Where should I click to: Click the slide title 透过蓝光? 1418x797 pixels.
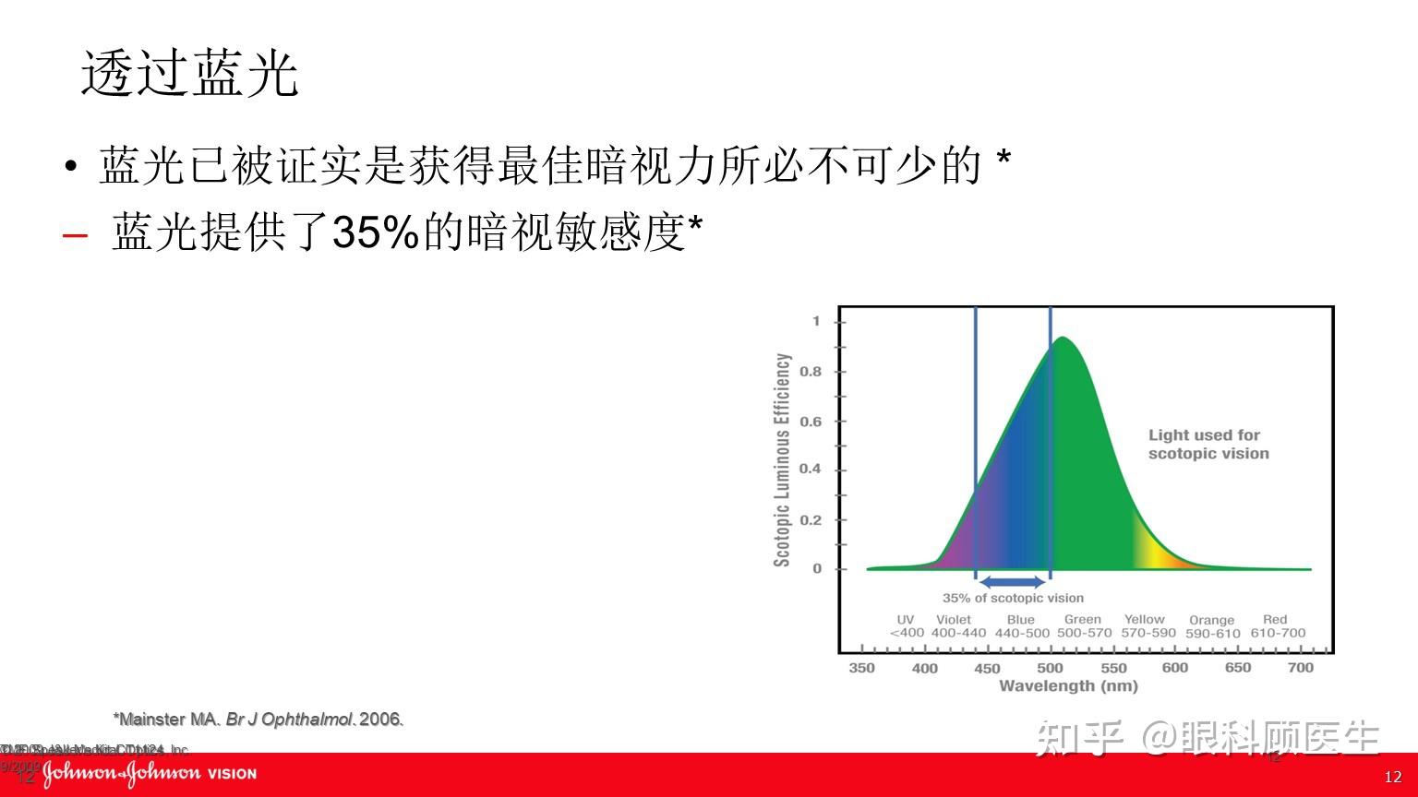[190, 74]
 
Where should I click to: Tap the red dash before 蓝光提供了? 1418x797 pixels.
[75, 234]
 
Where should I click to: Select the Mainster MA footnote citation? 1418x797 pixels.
[258, 719]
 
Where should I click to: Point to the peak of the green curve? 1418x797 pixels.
[1063, 339]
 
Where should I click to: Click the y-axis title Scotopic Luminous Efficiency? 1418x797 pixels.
[783, 459]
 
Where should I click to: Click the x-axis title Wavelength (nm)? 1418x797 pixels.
[1068, 685]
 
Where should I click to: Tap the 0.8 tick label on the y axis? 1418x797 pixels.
[810, 372]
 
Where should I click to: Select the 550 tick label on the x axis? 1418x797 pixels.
[1113, 668]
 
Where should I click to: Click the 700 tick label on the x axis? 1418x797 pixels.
[1300, 668]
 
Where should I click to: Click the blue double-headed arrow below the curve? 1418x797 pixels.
[1012, 581]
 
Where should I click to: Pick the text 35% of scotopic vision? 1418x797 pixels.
[1013, 598]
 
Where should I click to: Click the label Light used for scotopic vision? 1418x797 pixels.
[1208, 444]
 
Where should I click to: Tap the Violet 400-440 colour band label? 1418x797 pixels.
[958, 626]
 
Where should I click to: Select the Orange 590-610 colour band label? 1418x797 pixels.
[1212, 626]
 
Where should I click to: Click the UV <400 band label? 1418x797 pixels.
[906, 626]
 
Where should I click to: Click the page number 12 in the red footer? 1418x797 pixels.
[1393, 778]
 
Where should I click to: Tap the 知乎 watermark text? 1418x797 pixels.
[1080, 739]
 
